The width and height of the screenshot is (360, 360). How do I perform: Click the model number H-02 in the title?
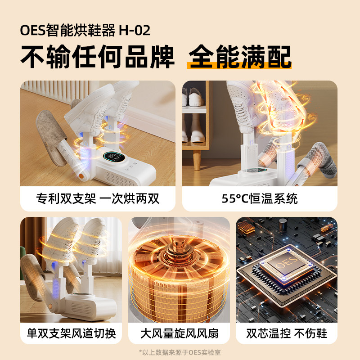tap(134, 31)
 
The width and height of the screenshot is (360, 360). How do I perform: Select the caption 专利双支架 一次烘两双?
tap(98, 198)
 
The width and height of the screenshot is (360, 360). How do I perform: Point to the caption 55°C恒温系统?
tap(260, 198)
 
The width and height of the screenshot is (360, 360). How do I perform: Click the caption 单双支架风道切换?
tap(71, 333)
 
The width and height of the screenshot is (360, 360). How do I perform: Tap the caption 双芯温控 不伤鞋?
tap(287, 333)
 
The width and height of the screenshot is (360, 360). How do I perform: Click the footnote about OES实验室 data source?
tap(180, 352)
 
